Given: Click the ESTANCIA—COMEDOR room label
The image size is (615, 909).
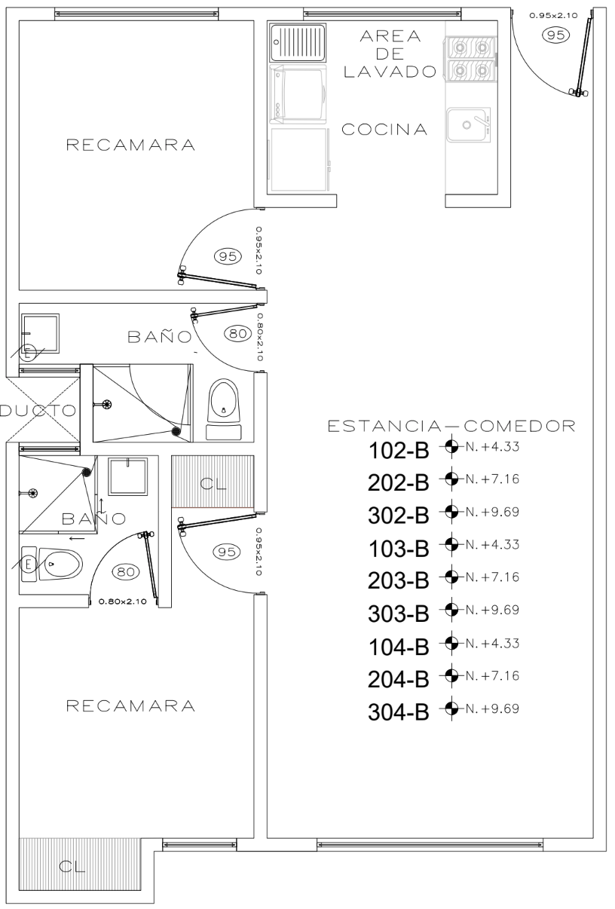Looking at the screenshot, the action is [x=451, y=426].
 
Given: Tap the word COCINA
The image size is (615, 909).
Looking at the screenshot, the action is [x=384, y=130].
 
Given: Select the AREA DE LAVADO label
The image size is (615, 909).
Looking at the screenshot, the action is [x=390, y=54].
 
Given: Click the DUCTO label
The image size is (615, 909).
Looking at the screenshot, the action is [x=38, y=410].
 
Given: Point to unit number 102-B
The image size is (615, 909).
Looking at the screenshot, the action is [x=399, y=451].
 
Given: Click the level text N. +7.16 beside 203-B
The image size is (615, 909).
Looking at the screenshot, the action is [x=492, y=577].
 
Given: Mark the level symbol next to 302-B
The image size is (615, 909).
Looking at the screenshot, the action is [x=451, y=512].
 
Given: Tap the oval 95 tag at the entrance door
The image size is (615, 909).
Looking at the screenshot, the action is [x=555, y=35].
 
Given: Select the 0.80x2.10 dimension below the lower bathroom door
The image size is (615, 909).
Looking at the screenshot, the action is [x=123, y=601].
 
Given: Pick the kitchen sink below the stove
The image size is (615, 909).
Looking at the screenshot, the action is [x=469, y=124].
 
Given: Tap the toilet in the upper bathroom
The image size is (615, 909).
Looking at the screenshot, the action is [x=224, y=409].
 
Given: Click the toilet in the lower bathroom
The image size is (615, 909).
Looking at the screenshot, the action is [x=51, y=563].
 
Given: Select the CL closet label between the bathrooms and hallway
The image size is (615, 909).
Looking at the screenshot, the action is [x=213, y=483].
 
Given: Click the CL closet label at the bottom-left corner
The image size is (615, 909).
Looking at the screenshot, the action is [x=72, y=866].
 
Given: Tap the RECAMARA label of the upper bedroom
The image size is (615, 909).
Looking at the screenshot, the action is [x=130, y=145].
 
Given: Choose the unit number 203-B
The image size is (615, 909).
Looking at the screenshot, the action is [x=399, y=580].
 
